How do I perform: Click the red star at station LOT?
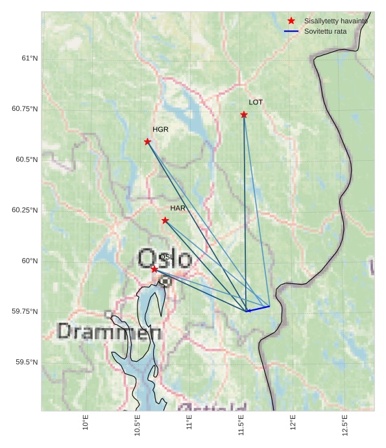coord(244,115)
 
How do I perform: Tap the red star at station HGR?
coord(147,141)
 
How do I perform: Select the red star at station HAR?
coord(165,220)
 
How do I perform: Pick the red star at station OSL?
coord(154,269)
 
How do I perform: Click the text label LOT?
coord(256,102)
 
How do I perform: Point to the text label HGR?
coord(160,130)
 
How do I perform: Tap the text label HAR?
coord(178,208)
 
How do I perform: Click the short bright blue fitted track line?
coord(258,309)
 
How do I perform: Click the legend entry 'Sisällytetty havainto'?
coord(335,21)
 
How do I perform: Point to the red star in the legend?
coord(291,21)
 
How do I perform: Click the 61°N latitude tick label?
coord(30,58)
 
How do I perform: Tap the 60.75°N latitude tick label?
coord(25,109)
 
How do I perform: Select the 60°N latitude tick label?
coord(30,261)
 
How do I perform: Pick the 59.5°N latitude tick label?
coord(27,362)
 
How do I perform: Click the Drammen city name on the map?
coord(109,333)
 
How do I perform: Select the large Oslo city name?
coord(164,258)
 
